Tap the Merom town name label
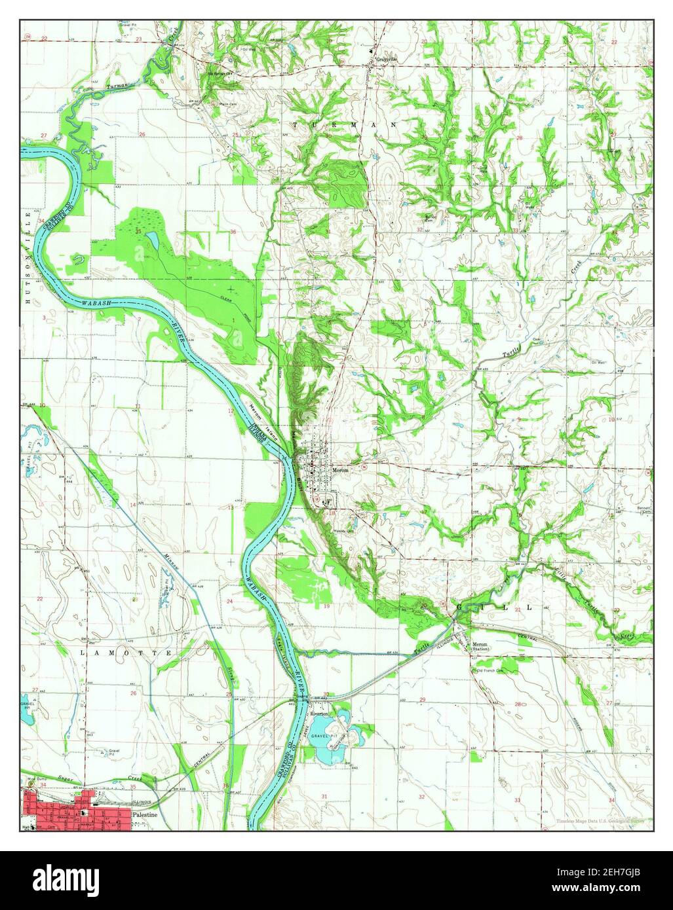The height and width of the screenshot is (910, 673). point(341,470)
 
